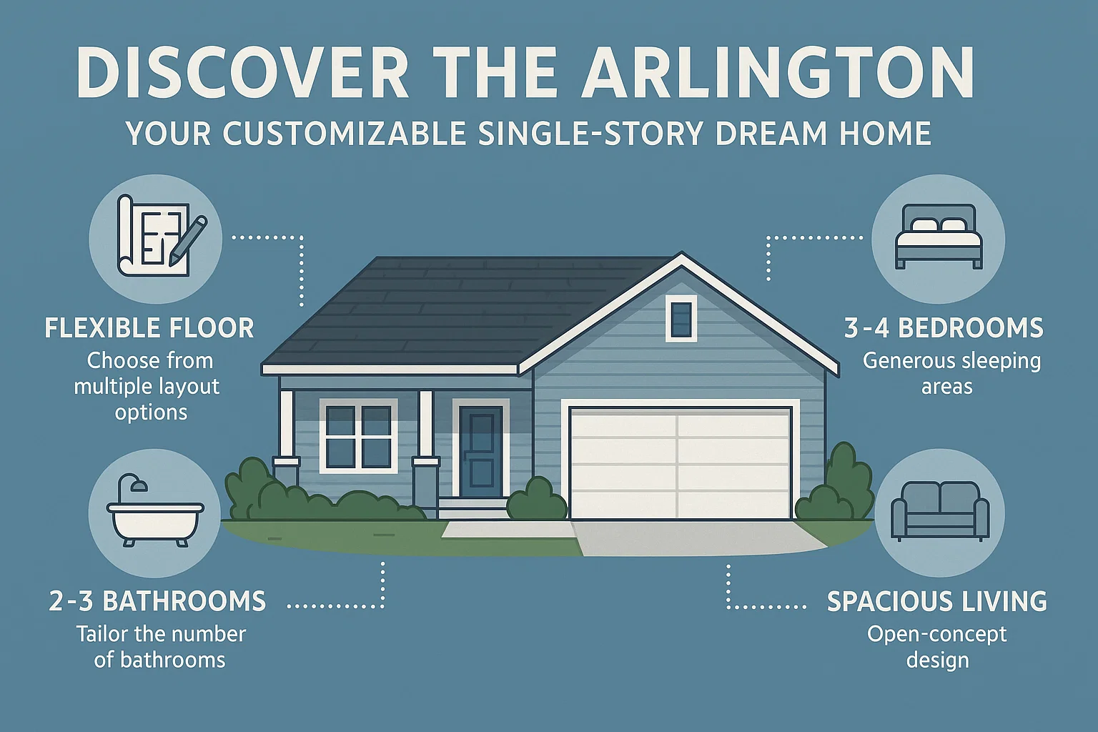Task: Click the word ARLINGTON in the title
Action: point(778,73)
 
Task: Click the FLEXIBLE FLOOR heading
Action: point(149,328)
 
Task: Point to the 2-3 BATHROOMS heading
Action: point(157,601)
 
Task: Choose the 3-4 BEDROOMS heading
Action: point(944,328)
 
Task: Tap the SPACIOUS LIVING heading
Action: point(936,601)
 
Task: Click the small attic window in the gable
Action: point(681,319)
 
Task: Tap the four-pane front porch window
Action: point(358,435)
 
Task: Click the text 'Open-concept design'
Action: point(937,646)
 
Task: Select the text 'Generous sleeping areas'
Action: point(951,373)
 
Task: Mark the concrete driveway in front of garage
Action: point(686,538)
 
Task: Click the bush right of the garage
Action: point(836,486)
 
